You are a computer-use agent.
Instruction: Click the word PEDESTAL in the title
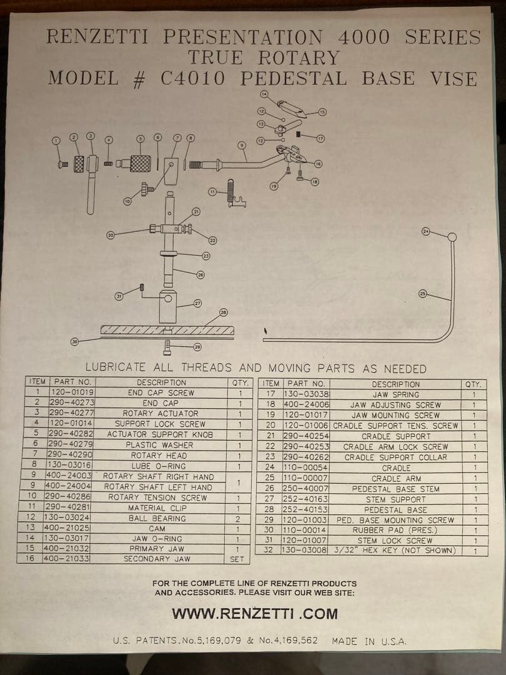pos(293,79)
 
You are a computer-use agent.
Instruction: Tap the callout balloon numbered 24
pos(426,232)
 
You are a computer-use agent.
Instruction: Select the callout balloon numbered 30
pos(75,342)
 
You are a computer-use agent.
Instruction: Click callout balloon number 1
pos(56,141)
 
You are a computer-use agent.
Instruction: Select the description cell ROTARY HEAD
pos(159,456)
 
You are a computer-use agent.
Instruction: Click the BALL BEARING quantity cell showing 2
pos(238,519)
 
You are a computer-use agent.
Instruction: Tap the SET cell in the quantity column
pos(237,559)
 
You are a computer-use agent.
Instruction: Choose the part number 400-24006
pos(306,404)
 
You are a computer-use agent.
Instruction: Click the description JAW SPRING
pos(396,394)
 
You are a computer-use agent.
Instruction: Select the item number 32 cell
pos(269,551)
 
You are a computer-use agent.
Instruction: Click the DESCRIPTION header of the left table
pos(161,382)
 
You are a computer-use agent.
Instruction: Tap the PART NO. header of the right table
pos(306,384)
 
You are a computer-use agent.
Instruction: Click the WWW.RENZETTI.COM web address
pos(255,614)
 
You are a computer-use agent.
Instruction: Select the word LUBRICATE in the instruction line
pos(116,367)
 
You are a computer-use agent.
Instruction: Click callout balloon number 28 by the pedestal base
pos(223,312)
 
